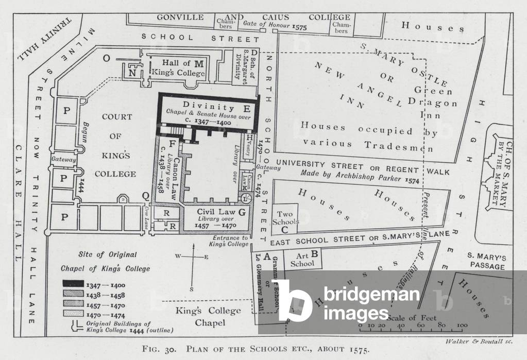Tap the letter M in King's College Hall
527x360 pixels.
199,63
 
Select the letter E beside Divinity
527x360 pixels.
247,108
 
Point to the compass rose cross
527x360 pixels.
193,257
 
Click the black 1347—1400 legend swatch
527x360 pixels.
73,284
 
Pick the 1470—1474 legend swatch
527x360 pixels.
73,313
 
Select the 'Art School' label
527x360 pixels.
302,259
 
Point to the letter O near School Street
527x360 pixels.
106,58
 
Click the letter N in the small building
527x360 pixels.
133,73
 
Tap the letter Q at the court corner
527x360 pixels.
146,195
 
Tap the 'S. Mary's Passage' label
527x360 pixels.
486,261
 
